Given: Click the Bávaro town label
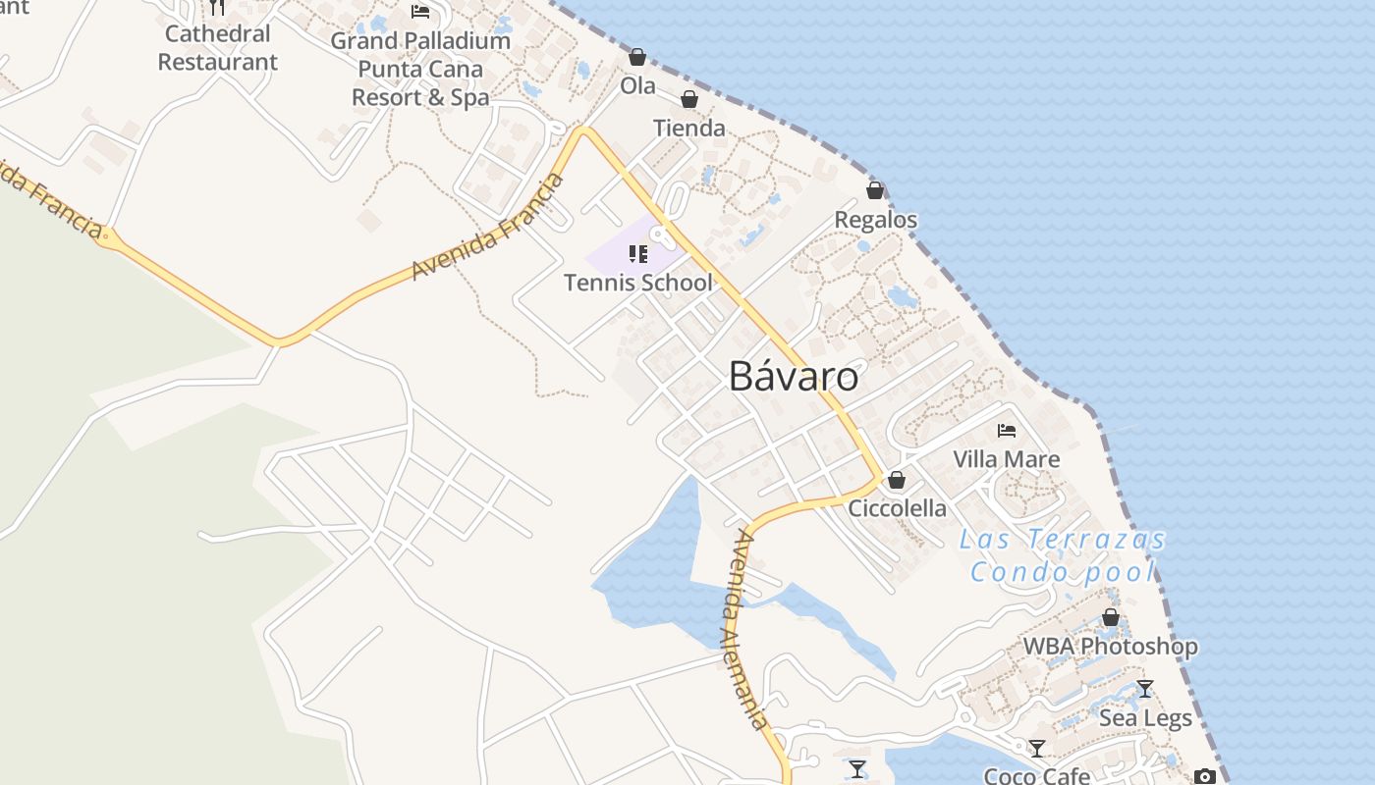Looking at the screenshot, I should pyautogui.click(x=794, y=377).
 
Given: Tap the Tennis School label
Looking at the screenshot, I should pyautogui.click(x=638, y=283).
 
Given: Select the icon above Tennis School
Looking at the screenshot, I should pyautogui.click(x=638, y=254).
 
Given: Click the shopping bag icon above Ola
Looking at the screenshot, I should pyautogui.click(x=637, y=58).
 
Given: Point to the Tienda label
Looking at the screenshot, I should pyautogui.click(x=689, y=128).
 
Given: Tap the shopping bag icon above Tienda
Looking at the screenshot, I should pyautogui.click(x=689, y=99).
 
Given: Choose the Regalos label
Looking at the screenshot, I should pyautogui.click(x=876, y=220).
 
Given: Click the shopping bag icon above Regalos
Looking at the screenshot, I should pyautogui.click(x=875, y=190).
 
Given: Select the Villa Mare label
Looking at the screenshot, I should pyautogui.click(x=1007, y=459).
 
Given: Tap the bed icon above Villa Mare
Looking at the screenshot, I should pyautogui.click(x=1007, y=430).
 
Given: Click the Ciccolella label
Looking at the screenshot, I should pyautogui.click(x=898, y=508).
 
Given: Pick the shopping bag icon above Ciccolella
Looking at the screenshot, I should pyautogui.click(x=896, y=480).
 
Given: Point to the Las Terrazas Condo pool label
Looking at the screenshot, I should pyautogui.click(x=1063, y=554).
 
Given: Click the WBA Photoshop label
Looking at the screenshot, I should pyautogui.click(x=1111, y=647).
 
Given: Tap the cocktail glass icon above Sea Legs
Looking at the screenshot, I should pyautogui.click(x=1144, y=688).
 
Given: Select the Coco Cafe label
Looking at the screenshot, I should pyautogui.click(x=1037, y=775).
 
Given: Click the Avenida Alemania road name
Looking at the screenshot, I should pyautogui.click(x=743, y=628).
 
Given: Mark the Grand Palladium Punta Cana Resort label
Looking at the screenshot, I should pyautogui.click(x=420, y=69).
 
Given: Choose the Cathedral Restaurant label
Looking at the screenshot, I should pyautogui.click(x=218, y=47).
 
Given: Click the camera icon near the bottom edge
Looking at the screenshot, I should pyautogui.click(x=1205, y=776).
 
